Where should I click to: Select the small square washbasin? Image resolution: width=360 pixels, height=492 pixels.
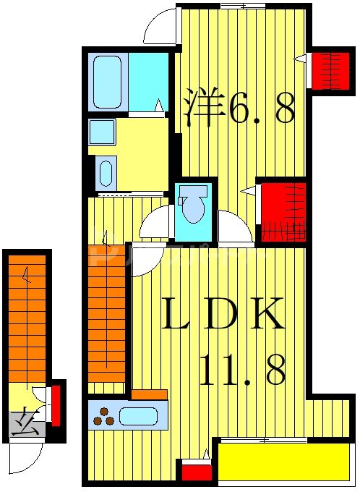102,132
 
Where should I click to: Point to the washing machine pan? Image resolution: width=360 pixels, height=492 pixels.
106,173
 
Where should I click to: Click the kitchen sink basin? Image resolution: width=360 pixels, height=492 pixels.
138,416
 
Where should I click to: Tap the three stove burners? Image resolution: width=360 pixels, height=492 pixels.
103,417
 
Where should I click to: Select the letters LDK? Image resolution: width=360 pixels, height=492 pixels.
220,317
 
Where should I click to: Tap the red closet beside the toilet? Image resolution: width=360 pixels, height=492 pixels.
283,212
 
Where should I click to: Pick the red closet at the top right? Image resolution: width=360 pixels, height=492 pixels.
330,69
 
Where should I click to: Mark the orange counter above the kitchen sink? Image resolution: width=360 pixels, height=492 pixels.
150,394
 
